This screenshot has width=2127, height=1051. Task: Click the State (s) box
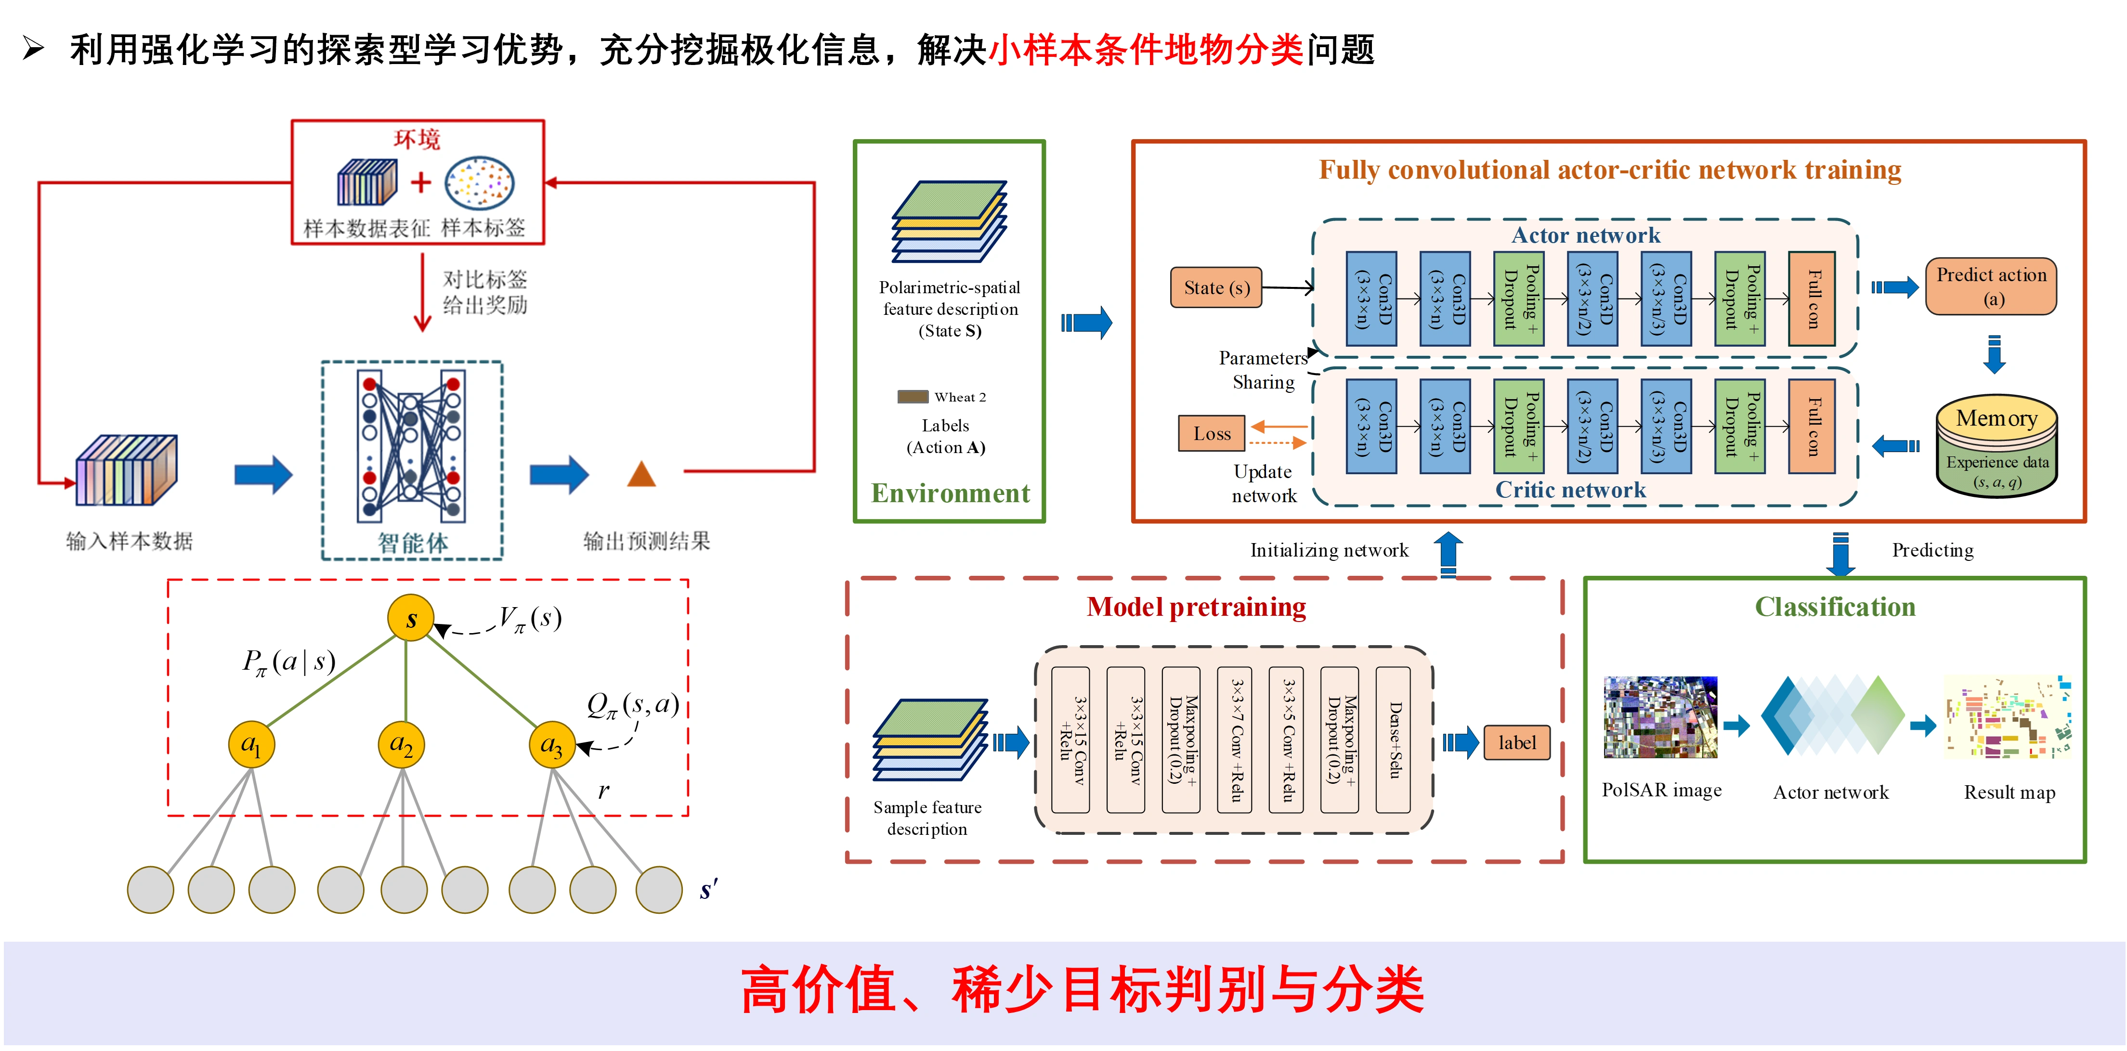pos(1215,287)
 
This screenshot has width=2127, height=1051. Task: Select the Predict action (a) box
pos(1991,286)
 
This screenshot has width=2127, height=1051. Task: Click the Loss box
pos(1211,433)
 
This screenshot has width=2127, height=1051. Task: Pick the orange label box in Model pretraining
pos(1517,742)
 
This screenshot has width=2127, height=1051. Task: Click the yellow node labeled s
pos(410,618)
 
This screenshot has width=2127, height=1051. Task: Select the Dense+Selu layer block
pos(1394,740)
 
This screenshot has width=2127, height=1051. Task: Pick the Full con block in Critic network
pos(1812,426)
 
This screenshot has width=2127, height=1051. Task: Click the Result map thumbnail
pos(2008,716)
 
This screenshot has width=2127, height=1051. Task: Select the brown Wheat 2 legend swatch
pos(913,396)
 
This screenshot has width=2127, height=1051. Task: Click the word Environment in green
pos(951,493)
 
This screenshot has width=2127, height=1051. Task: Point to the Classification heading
pos(1835,607)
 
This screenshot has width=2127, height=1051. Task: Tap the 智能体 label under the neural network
pos(413,543)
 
